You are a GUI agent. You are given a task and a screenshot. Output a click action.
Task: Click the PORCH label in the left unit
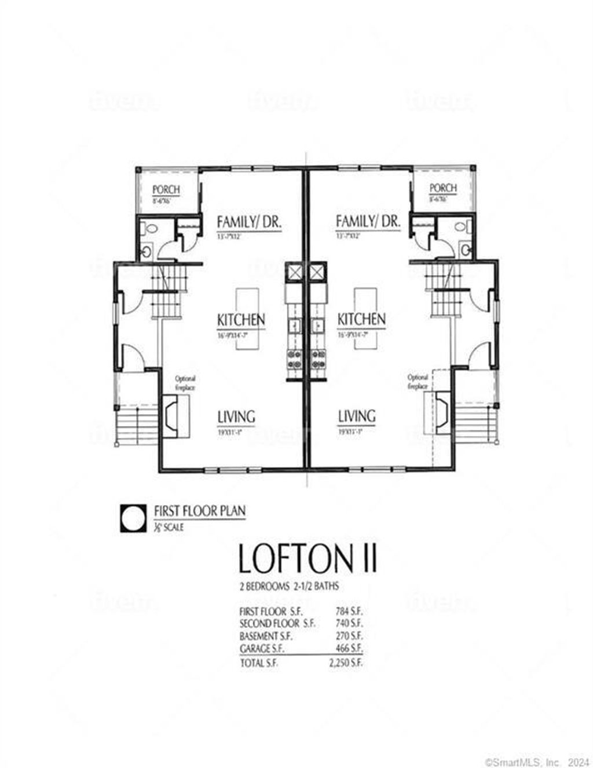tap(166, 189)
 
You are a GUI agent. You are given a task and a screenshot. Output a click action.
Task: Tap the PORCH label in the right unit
tap(443, 188)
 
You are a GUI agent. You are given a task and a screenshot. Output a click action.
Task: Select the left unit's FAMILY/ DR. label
tap(249, 221)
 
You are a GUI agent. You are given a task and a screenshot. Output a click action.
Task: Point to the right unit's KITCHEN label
tap(361, 319)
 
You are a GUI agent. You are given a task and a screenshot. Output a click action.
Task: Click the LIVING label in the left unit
tap(236, 416)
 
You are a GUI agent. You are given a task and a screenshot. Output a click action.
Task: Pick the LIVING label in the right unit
tap(357, 416)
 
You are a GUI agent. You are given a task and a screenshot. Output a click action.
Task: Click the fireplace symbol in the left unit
tap(175, 415)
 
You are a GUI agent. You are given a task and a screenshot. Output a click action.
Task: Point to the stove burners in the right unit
tap(317, 359)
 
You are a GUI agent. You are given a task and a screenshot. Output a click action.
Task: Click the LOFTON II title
tap(308, 558)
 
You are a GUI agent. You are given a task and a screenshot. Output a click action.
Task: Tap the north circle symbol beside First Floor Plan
tap(133, 517)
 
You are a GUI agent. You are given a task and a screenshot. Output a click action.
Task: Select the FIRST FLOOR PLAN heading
tap(199, 511)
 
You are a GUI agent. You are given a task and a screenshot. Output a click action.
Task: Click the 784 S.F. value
tap(349, 611)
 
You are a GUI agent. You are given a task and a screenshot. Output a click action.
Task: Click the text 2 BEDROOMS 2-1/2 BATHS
tap(289, 586)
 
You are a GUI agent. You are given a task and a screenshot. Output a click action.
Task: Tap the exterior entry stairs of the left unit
tap(137, 426)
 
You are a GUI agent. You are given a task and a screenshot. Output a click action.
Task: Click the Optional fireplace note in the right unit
tap(418, 382)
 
